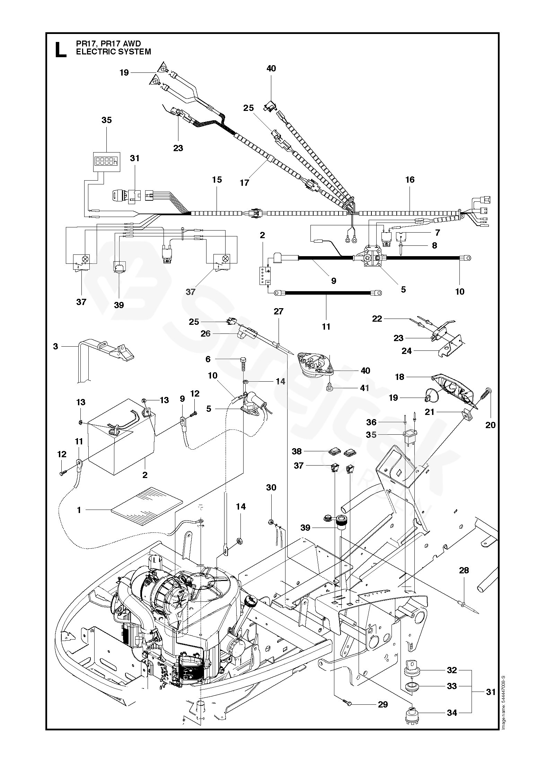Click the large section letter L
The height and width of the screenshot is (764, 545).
click(x=61, y=49)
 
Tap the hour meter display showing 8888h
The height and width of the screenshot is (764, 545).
click(x=106, y=161)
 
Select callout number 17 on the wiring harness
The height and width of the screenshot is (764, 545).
click(x=245, y=182)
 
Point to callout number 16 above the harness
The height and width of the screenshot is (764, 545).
click(x=410, y=180)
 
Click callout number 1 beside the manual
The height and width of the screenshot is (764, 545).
click(x=79, y=510)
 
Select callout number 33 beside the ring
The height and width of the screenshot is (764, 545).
click(x=452, y=676)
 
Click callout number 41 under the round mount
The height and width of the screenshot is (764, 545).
click(x=364, y=388)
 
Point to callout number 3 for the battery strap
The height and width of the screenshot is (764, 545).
click(x=55, y=346)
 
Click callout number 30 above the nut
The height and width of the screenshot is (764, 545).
click(x=271, y=487)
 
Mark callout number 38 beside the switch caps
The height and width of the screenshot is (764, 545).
click(x=297, y=451)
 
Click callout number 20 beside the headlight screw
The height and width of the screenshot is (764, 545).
click(x=490, y=424)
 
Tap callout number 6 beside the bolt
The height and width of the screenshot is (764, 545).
click(x=208, y=359)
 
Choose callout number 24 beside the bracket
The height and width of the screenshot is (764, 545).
click(x=406, y=351)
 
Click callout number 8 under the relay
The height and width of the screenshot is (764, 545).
click(x=434, y=245)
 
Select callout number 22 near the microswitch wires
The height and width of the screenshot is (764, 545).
click(x=377, y=319)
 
